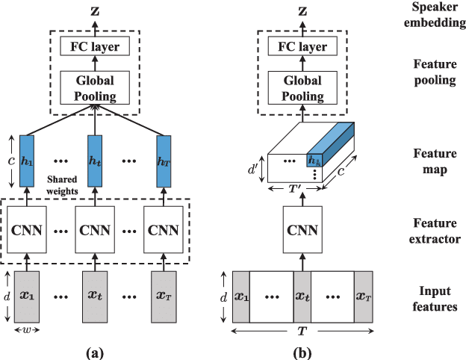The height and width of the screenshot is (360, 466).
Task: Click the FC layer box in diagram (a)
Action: coord(93,48)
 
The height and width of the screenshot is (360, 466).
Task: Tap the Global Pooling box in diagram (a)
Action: coord(93,87)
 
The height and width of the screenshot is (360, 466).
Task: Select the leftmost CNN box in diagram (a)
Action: coord(28,229)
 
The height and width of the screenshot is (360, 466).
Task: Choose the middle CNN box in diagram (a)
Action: coord(93,229)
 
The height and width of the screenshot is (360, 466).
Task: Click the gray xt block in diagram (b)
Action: coord(302,296)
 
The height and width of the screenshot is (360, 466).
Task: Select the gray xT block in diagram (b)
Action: coord(364,296)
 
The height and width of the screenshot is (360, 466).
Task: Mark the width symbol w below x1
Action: coord(28,329)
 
